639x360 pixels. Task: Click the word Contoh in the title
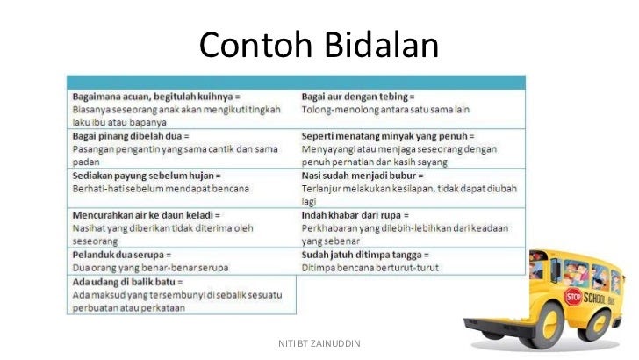coord(255,45)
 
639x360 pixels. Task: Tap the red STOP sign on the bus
coord(573,297)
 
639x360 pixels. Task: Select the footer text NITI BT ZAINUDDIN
coord(319,343)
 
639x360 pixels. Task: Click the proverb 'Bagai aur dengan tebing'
coord(355,97)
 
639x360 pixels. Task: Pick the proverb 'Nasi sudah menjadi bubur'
coord(360,176)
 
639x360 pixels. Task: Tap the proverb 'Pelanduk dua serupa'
coord(118,255)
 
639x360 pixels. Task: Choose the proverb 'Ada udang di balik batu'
coord(124,282)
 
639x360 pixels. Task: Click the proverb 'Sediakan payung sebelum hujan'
coord(143,176)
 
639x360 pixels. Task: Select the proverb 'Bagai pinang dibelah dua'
coord(127,136)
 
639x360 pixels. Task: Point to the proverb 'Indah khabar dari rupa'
coord(351,215)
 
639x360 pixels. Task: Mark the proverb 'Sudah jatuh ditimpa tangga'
coord(362,255)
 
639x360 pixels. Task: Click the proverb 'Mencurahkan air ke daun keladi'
coord(143,215)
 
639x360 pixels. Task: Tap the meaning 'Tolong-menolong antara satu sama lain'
coord(385,109)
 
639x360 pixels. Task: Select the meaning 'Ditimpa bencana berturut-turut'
coord(370,268)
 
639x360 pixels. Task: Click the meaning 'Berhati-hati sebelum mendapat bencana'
coord(161,189)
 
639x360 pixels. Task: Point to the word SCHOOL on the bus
coord(594,298)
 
